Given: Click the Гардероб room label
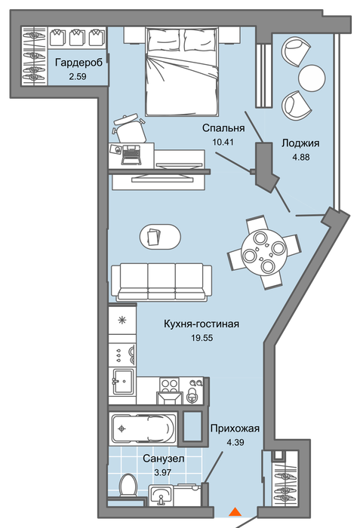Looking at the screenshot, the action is [x=78, y=63].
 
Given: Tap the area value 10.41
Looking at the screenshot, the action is [x=223, y=142].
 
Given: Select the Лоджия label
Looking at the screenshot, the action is [x=300, y=143].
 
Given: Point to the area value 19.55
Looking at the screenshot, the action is [x=202, y=338].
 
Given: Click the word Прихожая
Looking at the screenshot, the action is [x=235, y=428].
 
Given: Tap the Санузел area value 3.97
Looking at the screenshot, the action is [x=163, y=472].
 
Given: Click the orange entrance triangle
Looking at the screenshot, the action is [x=235, y=512].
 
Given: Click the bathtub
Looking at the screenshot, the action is [x=143, y=428].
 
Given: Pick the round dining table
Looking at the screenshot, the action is [x=264, y=252].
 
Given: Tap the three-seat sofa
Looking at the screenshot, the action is [x=162, y=282].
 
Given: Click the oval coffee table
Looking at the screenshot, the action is [x=160, y=237].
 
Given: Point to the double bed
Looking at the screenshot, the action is [x=182, y=72].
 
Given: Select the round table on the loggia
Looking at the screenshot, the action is [x=312, y=78].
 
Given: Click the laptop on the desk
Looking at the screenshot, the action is [x=131, y=155].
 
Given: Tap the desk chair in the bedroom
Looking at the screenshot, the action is [x=130, y=128].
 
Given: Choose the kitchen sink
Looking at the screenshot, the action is [x=124, y=382].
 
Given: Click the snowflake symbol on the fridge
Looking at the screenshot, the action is [x=122, y=320].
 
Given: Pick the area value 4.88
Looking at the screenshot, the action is [x=300, y=157].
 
